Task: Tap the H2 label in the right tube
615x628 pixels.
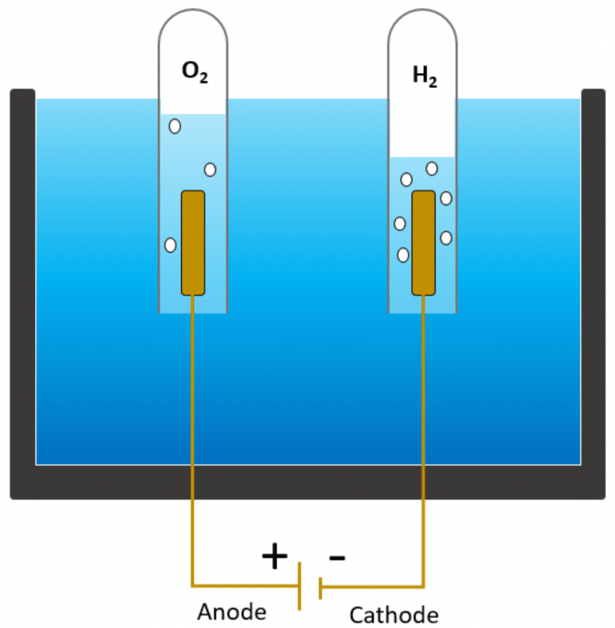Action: [x=425, y=77]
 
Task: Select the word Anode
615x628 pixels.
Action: [x=232, y=611]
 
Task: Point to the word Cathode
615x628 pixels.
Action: [x=394, y=614]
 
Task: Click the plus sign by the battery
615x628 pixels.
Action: [x=275, y=557]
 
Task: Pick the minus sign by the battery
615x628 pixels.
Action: [x=337, y=557]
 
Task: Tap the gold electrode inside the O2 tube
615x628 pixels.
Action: [x=193, y=242]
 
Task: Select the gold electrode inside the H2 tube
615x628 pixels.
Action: [x=423, y=242]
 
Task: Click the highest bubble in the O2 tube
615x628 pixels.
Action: [x=175, y=126]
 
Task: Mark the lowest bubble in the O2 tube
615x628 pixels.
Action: [x=171, y=245]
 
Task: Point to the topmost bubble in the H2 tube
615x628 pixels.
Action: [x=432, y=168]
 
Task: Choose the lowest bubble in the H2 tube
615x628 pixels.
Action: [x=403, y=255]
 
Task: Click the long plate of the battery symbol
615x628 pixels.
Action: [x=300, y=586]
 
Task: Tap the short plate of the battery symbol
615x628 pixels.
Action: [x=320, y=587]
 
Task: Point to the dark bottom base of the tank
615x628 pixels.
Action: [x=307, y=482]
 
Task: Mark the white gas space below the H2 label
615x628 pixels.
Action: [x=422, y=129]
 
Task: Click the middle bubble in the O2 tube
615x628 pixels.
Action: [x=210, y=169]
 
